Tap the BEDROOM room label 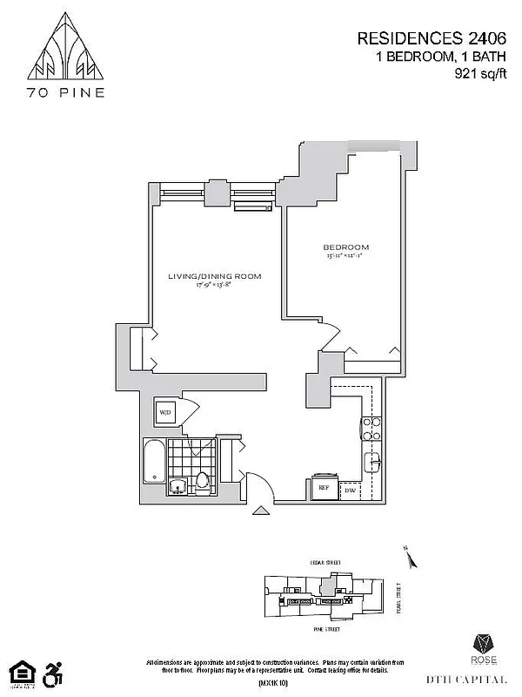(347, 247)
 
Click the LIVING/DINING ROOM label (215, 276)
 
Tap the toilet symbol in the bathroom (203, 481)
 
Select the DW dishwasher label (351, 491)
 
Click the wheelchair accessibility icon (54, 672)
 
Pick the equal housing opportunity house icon (19, 672)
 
